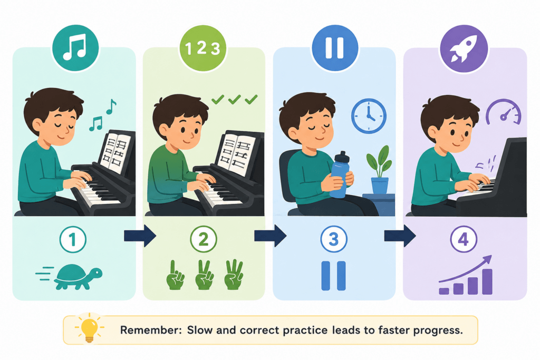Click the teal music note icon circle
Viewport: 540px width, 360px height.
(75, 48)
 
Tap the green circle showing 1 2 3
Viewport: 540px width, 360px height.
(203, 48)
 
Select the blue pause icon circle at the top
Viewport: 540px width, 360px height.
(334, 48)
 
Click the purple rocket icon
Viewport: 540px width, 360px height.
(464, 48)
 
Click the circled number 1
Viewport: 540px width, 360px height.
(73, 239)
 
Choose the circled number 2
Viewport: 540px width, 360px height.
(204, 239)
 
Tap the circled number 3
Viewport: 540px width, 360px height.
(333, 239)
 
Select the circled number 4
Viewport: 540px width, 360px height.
(464, 239)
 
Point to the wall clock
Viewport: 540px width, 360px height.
(369, 116)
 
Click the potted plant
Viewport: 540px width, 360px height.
(380, 170)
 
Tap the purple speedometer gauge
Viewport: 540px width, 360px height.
(504, 112)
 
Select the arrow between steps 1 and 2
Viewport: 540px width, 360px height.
(140, 236)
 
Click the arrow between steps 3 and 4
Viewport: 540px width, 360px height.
(400, 236)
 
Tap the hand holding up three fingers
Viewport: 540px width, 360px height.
(234, 274)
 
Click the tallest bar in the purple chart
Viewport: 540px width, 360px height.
(487, 281)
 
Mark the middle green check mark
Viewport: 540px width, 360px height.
(235, 100)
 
